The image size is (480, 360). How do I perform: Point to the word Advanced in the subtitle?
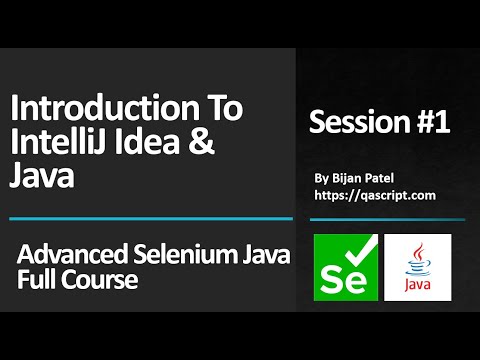click(64, 256)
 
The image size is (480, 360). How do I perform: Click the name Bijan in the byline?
click(347, 177)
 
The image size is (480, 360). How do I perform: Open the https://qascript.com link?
click(374, 195)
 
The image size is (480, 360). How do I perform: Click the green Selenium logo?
click(344, 267)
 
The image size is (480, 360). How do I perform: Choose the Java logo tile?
click(417, 267)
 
